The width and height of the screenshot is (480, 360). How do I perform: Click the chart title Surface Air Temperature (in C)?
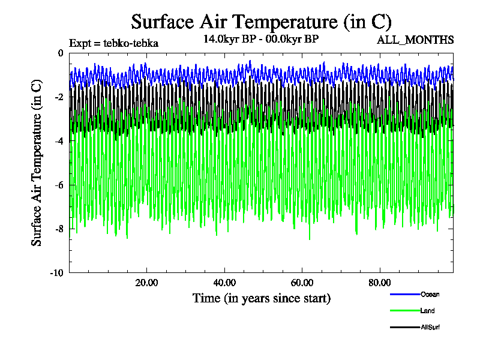261,22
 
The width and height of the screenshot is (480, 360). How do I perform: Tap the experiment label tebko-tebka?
113,43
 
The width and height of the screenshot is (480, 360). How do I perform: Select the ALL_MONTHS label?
415,40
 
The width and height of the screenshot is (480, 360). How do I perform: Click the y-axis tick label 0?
60,53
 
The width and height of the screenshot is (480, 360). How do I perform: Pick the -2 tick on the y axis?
58,97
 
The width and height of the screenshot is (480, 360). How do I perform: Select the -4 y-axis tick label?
58,141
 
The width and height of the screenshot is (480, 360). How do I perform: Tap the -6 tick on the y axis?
58,185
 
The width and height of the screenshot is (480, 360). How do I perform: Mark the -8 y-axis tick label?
58,229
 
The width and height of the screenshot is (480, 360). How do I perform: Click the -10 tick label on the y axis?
56,273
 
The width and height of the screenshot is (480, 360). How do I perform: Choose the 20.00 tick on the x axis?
146,283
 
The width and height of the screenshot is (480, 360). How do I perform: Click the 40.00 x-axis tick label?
224,283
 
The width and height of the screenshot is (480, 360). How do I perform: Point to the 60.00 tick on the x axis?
302,283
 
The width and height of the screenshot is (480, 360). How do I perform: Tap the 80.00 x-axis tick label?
379,283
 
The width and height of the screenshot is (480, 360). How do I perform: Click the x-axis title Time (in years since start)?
261,298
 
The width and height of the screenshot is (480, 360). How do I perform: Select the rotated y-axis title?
37,162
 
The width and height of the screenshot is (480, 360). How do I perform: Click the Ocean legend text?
430,294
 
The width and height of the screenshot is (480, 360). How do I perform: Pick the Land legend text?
428,311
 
